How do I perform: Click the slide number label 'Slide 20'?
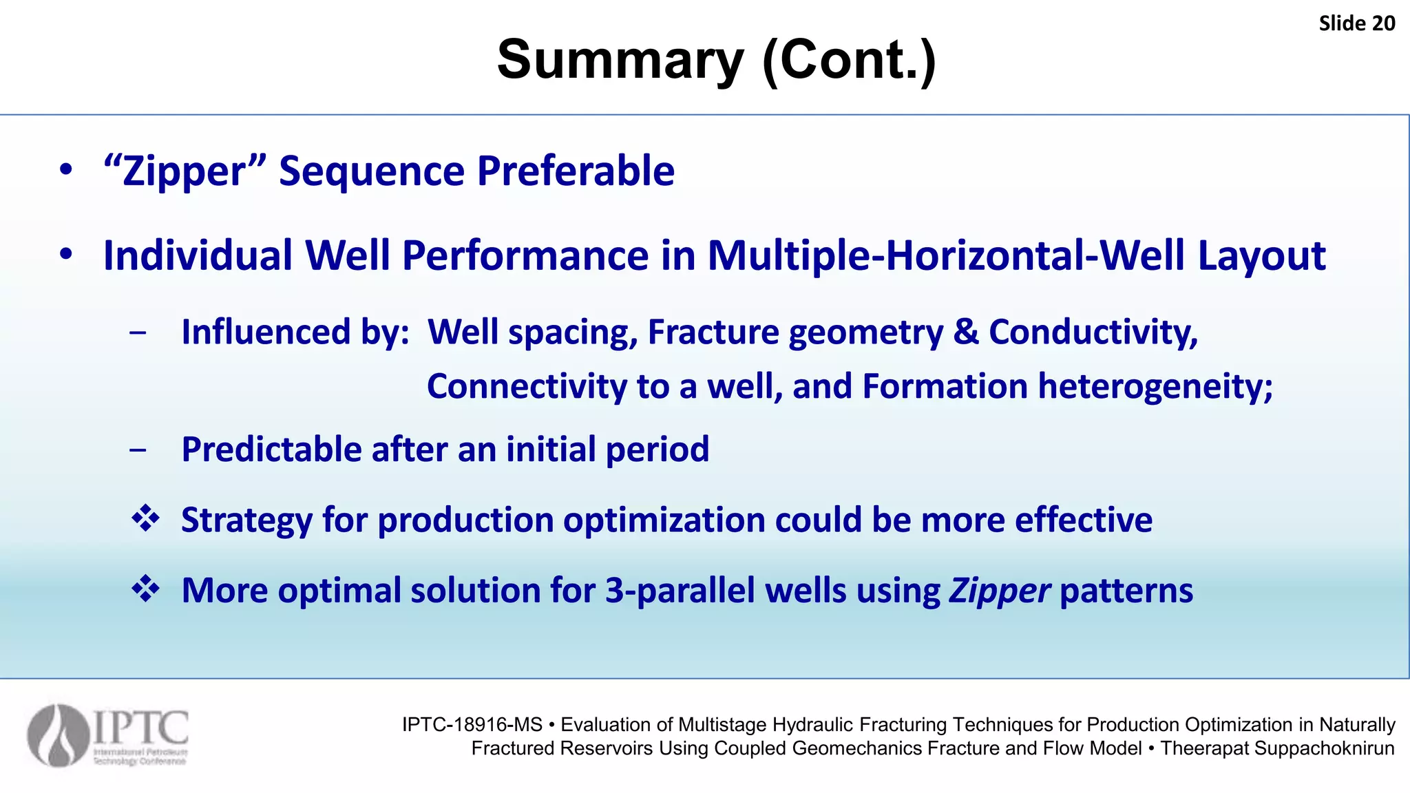click(1356, 23)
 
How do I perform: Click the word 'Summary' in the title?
click(620, 61)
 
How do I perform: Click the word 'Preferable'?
click(576, 171)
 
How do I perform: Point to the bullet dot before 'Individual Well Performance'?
click(66, 255)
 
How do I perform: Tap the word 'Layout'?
click(1261, 257)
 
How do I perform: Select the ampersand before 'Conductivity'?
click(966, 332)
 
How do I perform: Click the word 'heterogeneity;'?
click(1155, 387)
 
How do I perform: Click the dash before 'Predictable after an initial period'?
click(138, 450)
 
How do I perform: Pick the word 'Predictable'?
click(271, 450)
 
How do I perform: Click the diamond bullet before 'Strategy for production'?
click(145, 518)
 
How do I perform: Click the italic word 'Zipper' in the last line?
click(999, 592)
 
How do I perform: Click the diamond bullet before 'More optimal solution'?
click(145, 589)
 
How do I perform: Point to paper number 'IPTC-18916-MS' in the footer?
click(472, 725)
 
